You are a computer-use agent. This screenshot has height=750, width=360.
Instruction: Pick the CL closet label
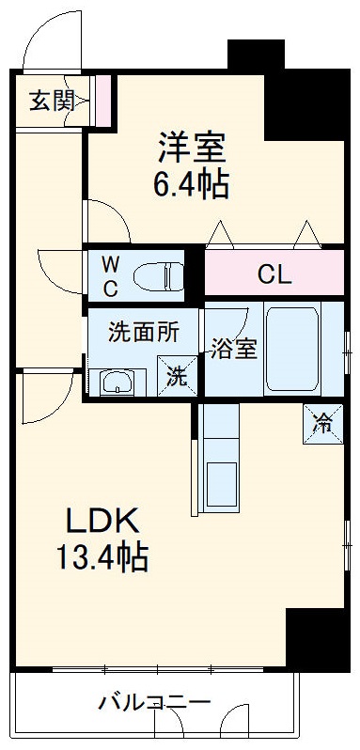pyautogui.click(x=274, y=275)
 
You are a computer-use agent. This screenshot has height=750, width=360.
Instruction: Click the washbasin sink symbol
pyautogui.click(x=117, y=382)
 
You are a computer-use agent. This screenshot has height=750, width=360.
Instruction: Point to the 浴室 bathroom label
pyautogui.click(x=232, y=349)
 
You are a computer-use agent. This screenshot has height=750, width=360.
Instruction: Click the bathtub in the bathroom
pyautogui.click(x=291, y=348)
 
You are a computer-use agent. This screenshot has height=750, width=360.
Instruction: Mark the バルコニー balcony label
pyautogui.click(x=154, y=701)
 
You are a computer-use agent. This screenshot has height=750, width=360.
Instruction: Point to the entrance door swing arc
pyautogui.click(x=42, y=38)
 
